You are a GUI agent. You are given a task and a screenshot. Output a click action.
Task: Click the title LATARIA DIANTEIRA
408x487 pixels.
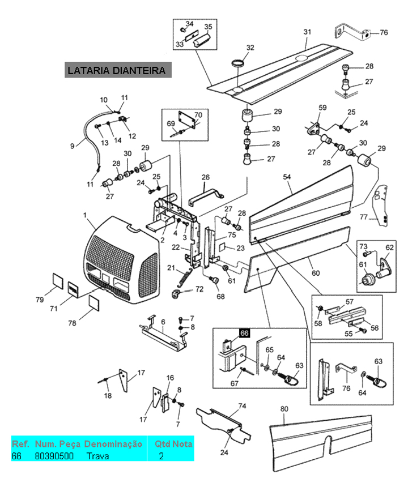[116, 71]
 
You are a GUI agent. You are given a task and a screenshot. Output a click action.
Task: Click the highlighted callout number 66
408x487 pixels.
[245, 333]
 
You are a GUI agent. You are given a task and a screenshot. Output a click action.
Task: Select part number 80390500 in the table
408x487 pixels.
[54, 455]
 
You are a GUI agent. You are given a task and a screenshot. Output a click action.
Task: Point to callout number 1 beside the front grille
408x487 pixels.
[85, 215]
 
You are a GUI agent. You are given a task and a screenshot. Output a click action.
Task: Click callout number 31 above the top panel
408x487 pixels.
[307, 32]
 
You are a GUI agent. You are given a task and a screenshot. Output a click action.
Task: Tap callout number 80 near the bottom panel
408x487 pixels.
[284, 408]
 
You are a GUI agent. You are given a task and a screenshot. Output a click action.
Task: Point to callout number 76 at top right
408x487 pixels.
[384, 33]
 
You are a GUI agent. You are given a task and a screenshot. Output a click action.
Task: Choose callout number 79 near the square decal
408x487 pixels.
[40, 299]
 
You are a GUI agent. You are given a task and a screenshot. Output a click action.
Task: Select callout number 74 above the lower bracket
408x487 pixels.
[242, 406]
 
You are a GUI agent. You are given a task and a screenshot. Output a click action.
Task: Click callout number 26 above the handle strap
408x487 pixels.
[206, 178]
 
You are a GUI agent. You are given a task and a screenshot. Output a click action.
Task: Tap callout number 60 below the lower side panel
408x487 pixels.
[315, 273]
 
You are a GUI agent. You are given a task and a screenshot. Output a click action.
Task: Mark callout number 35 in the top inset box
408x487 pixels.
[208, 27]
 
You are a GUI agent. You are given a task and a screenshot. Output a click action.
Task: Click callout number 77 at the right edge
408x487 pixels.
[364, 216]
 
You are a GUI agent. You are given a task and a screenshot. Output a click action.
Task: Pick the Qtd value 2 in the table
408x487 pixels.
[161, 455]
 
